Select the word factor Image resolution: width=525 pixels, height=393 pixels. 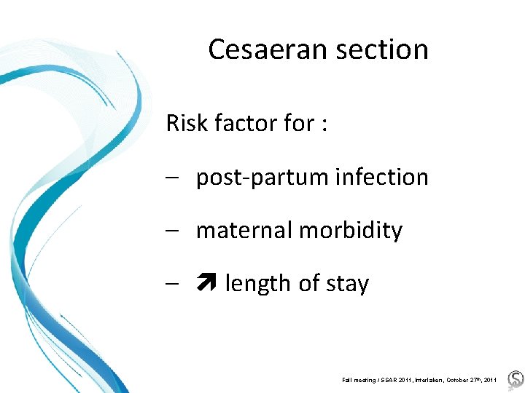tap(244, 123)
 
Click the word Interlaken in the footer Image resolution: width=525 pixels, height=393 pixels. tap(423, 380)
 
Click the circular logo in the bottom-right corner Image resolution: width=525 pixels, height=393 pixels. tap(515, 379)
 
